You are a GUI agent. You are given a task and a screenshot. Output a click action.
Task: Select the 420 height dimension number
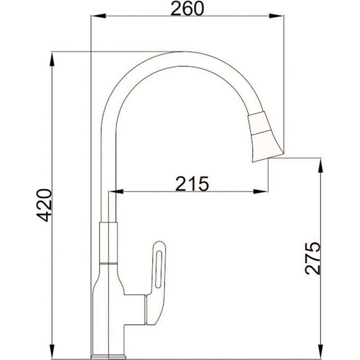click(44, 205)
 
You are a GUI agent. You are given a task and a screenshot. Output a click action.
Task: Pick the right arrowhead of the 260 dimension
click(275, 18)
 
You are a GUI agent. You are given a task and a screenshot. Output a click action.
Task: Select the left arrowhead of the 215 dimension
click(117, 191)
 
